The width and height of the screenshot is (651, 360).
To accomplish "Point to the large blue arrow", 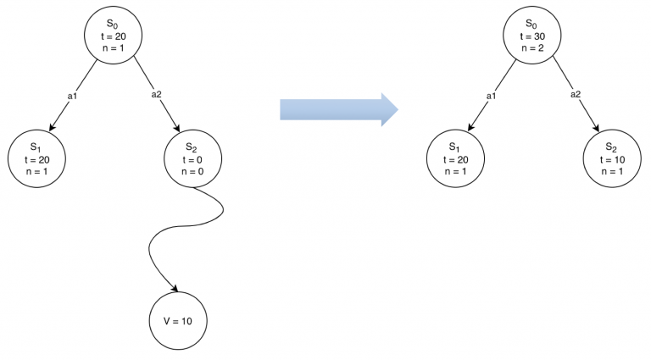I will (x=339, y=108).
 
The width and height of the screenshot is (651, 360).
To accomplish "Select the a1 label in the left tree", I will (x=72, y=95).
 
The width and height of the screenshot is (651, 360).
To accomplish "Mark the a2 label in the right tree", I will (x=575, y=95).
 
